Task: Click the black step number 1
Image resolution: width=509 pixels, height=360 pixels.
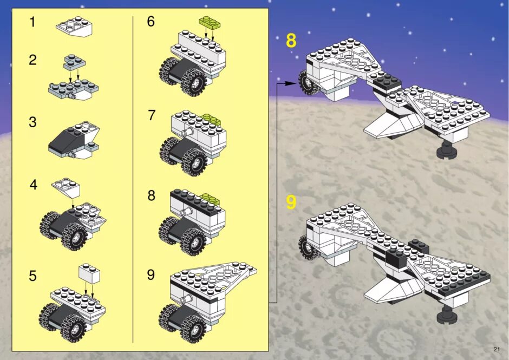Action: [x=32, y=22]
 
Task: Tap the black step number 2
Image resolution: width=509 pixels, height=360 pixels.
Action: [x=32, y=60]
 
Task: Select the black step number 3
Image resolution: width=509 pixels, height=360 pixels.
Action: [x=32, y=122]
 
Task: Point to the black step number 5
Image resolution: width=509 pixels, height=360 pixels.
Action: [x=32, y=276]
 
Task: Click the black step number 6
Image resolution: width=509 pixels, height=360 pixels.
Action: [x=151, y=22]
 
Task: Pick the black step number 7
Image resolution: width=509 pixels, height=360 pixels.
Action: [x=151, y=115]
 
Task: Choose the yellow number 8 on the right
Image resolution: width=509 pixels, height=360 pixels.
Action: [x=291, y=41]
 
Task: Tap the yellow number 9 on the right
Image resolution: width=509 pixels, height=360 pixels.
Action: [x=291, y=202]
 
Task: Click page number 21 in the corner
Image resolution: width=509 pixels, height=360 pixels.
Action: [x=497, y=349]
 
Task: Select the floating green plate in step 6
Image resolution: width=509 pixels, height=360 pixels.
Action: [x=210, y=22]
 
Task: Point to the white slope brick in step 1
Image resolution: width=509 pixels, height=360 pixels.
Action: [x=74, y=27]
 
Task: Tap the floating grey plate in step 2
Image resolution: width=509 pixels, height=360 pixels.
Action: [x=75, y=62]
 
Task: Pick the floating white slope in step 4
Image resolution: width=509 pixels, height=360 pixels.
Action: [x=66, y=188]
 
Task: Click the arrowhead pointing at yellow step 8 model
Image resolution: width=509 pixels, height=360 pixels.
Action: [x=291, y=83]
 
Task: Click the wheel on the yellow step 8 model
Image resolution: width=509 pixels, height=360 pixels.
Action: [x=308, y=83]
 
